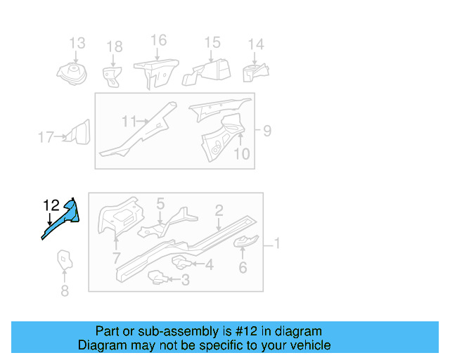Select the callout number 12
51,205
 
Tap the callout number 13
77,43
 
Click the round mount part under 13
72,74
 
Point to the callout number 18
115,46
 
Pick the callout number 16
159,40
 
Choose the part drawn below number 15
206,72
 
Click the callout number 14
256,44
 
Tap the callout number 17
46,137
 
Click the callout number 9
267,131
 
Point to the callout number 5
160,203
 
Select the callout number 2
219,211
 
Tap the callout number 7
116,258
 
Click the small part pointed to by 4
181,263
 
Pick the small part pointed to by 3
157,277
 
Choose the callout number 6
243,268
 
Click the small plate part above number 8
65,260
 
